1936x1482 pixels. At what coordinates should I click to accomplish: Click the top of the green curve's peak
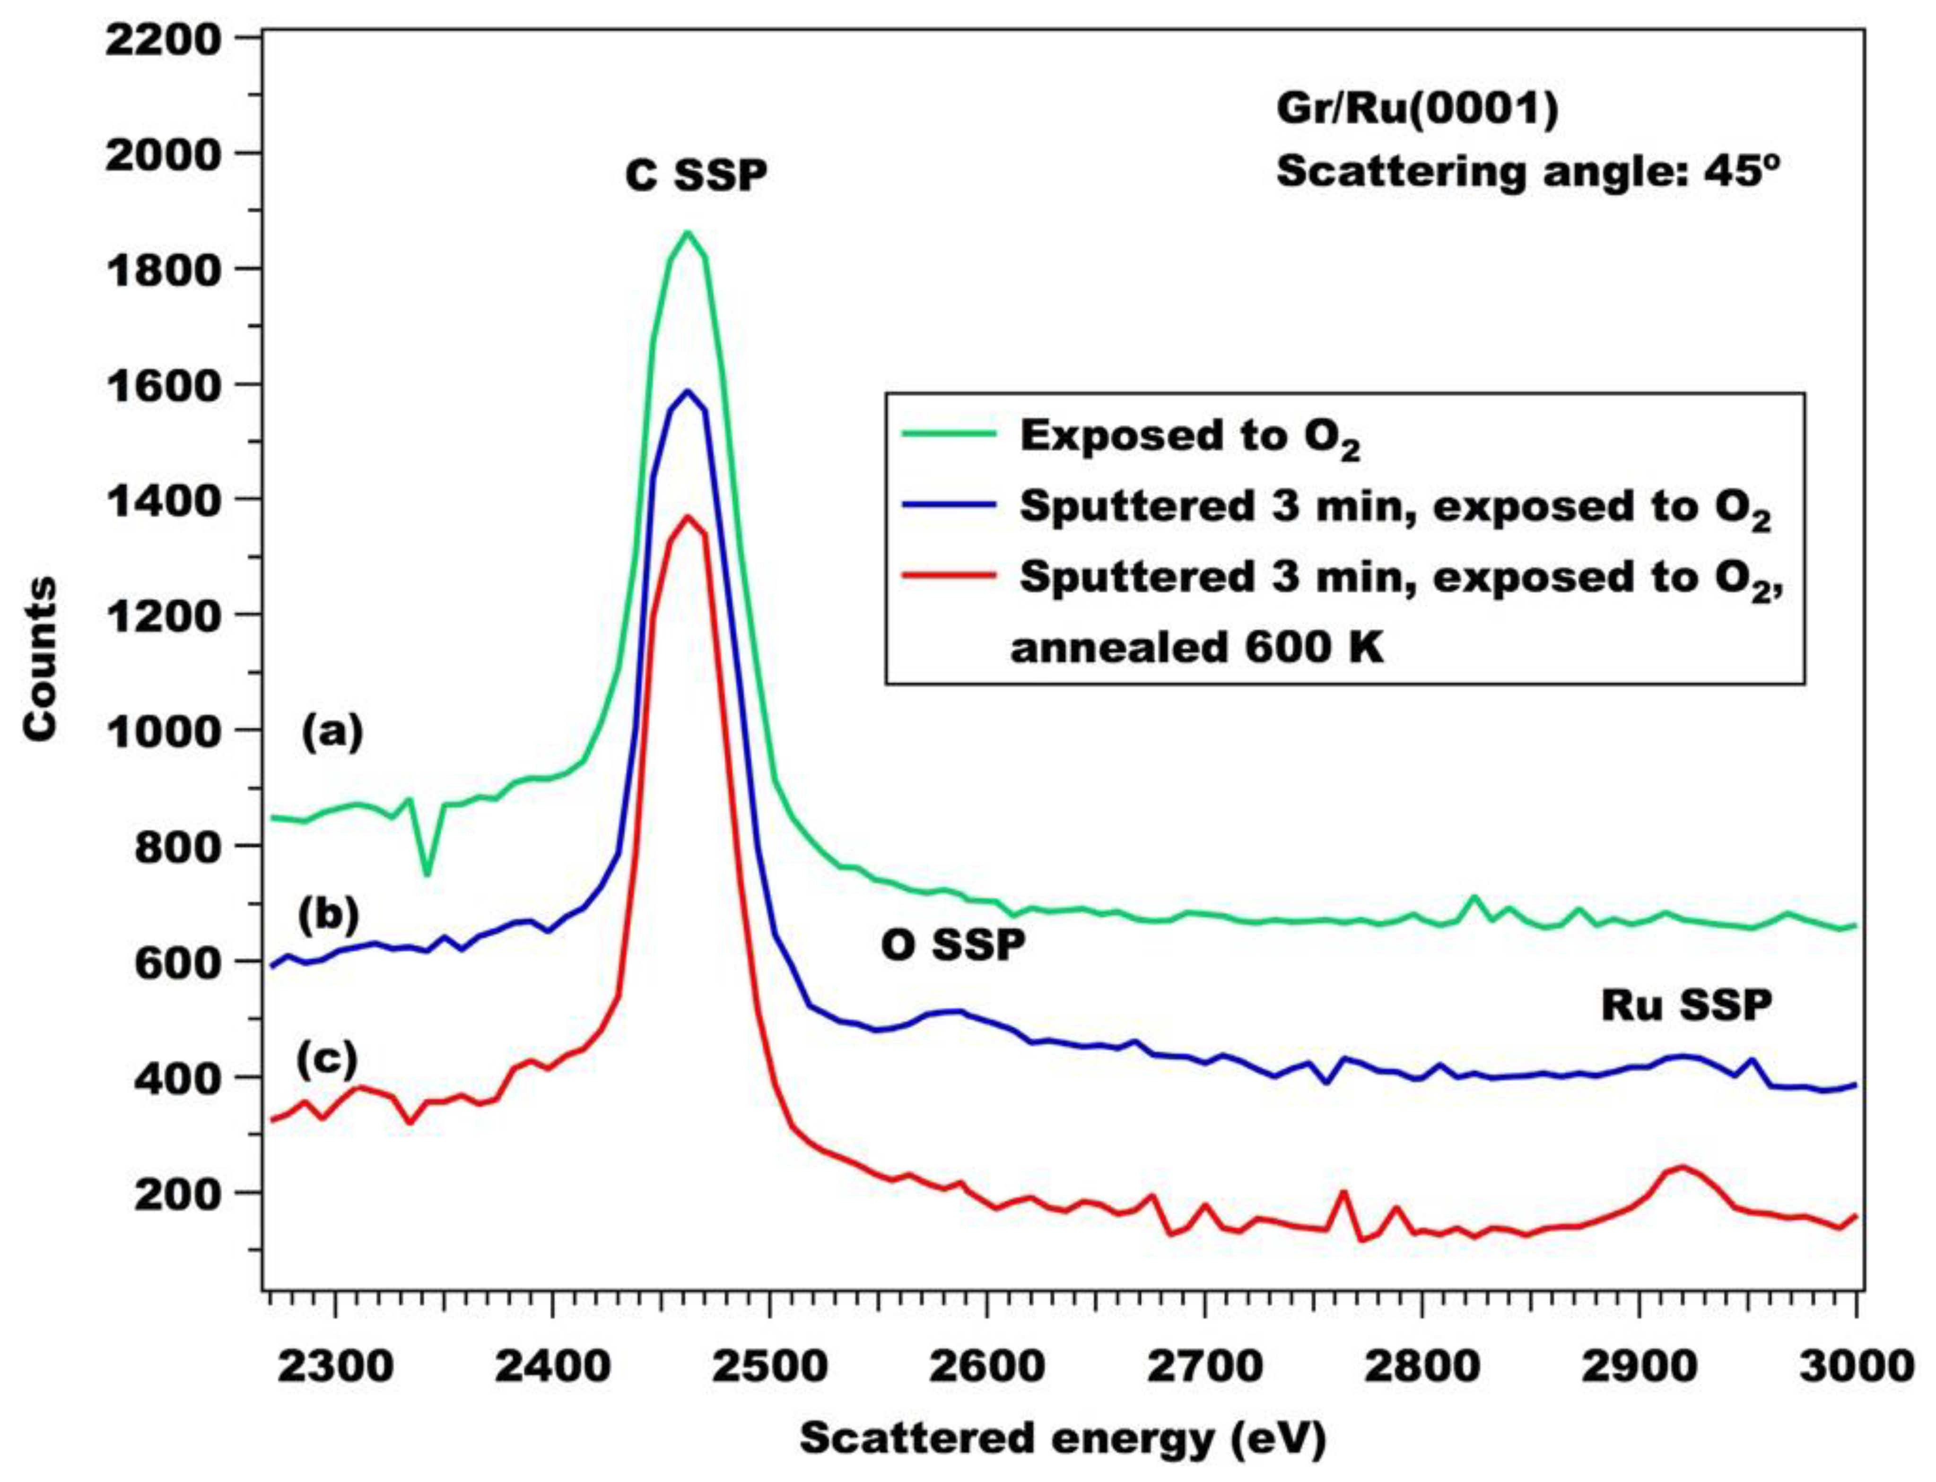[x=688, y=233]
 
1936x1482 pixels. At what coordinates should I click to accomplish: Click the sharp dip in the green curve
[x=427, y=873]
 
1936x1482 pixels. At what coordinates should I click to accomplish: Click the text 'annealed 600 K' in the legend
[x=1196, y=649]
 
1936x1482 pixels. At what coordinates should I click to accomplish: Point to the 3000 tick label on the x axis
[x=1853, y=1367]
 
